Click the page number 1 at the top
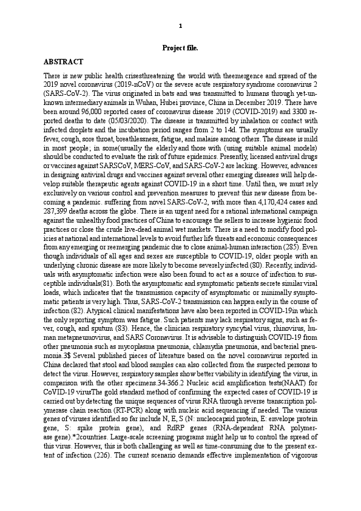point(180,25)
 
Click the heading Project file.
point(180,47)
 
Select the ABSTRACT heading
point(64,62)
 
